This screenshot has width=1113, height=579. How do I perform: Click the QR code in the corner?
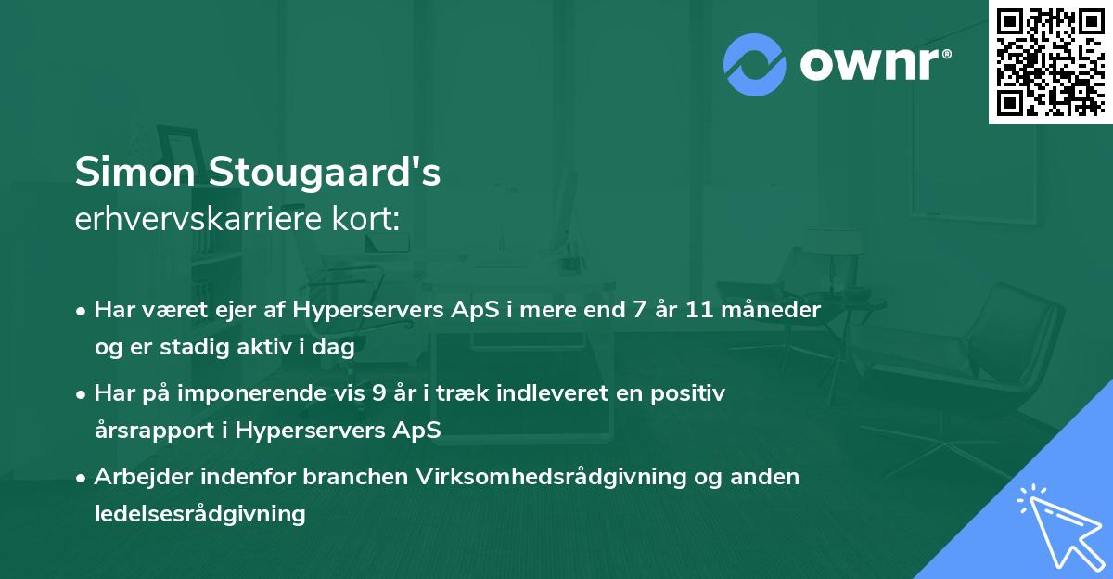pos(1050,61)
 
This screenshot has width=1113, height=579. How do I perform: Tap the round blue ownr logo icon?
pos(755,64)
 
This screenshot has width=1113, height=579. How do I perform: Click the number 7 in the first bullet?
pos(638,310)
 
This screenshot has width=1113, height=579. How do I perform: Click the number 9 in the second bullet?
pos(378,393)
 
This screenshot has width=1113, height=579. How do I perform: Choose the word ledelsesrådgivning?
pos(200,513)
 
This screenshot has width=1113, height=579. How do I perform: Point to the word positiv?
pos(690,393)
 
